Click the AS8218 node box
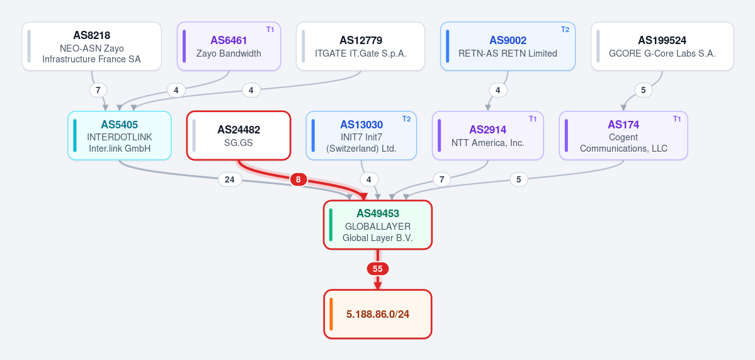(x=91, y=46)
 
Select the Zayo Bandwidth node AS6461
(x=229, y=46)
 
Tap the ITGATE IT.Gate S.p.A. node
(x=361, y=46)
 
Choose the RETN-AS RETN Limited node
(x=508, y=46)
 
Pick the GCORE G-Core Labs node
(x=662, y=46)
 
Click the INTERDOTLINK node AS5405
(x=120, y=136)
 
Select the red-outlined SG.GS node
(x=239, y=136)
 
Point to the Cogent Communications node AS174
(x=623, y=136)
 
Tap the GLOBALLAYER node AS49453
(x=378, y=225)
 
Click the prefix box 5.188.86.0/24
(x=378, y=314)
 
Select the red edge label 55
(x=378, y=269)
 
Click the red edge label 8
(x=298, y=179)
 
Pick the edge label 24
(x=230, y=179)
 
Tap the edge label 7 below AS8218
(x=98, y=90)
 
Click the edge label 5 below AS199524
(x=644, y=90)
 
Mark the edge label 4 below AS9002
(x=498, y=90)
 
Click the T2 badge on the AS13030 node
(x=407, y=119)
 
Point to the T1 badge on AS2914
(x=533, y=119)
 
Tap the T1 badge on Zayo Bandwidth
(x=270, y=30)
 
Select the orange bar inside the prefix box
(x=331, y=314)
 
